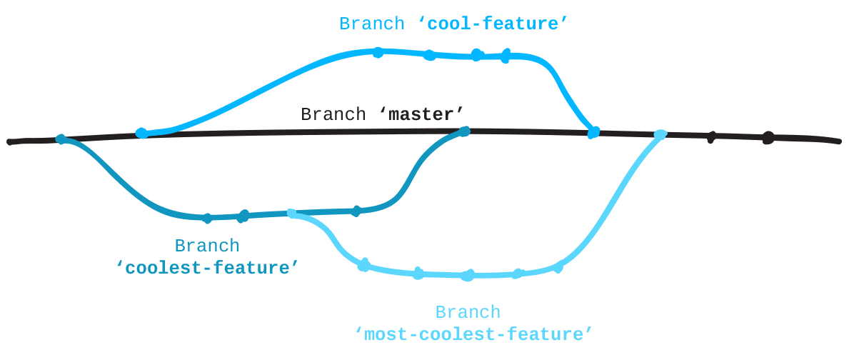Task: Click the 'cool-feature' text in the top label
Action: tap(493, 24)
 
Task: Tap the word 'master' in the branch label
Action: tap(418, 114)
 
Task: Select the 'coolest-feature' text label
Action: tap(206, 268)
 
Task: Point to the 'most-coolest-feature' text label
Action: tap(473, 334)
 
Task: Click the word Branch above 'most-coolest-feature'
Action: tap(468, 312)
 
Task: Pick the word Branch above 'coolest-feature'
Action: tap(206, 246)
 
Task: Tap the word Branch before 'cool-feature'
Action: tap(371, 24)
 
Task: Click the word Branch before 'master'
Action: tap(332, 114)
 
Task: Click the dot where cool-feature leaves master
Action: tap(141, 133)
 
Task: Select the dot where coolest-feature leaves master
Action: tap(61, 139)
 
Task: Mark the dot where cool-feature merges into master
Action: tap(593, 132)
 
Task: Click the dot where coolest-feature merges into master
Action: tap(465, 131)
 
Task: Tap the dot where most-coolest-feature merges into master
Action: tap(660, 134)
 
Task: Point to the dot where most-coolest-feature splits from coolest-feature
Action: tap(291, 213)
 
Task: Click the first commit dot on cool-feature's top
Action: tap(378, 51)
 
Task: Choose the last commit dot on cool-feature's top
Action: tap(506, 55)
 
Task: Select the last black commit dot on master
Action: tap(768, 138)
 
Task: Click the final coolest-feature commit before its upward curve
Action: tap(356, 210)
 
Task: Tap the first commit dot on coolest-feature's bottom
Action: tap(207, 217)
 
